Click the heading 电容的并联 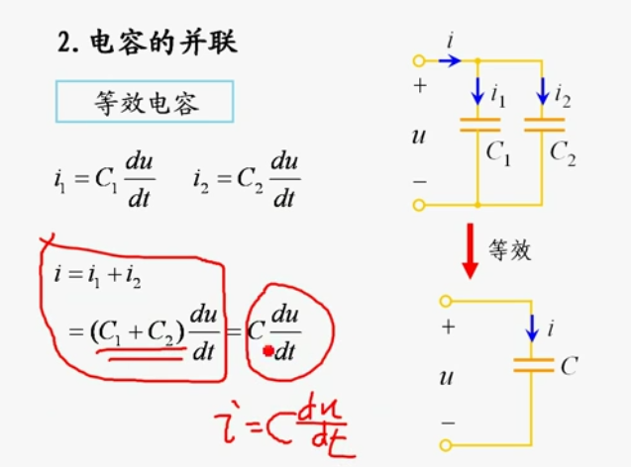coord(163,43)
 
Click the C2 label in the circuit coord(562,153)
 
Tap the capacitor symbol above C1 coord(478,124)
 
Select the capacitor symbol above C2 coord(543,124)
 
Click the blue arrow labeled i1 coord(478,93)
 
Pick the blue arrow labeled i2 coord(543,93)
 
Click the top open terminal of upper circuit coord(419,60)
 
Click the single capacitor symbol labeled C coord(534,365)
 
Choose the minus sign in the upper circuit coord(419,182)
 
